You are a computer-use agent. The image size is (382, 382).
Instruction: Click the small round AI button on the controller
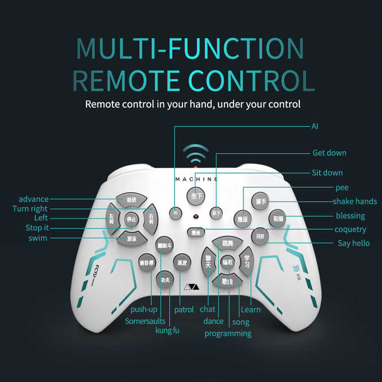(x=175, y=212)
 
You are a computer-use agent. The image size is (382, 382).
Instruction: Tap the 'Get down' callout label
(x=329, y=153)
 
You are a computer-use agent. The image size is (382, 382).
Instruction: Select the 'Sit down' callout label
(x=327, y=172)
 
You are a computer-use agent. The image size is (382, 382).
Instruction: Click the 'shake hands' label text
(x=354, y=201)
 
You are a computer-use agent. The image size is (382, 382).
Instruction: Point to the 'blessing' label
(x=350, y=215)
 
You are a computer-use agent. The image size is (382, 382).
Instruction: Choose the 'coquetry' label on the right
(x=350, y=229)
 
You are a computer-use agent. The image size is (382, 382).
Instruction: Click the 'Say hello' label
(x=354, y=243)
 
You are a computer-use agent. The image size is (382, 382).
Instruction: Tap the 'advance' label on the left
(x=33, y=199)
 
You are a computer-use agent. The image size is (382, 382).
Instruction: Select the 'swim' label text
(x=38, y=238)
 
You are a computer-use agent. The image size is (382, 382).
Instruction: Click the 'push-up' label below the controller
(x=144, y=309)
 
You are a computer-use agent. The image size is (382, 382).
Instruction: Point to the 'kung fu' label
(x=167, y=331)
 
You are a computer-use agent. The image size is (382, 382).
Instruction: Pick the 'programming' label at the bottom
(x=228, y=333)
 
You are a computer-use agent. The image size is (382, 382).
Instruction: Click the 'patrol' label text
(x=184, y=309)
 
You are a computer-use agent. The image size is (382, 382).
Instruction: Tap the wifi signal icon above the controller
(x=195, y=155)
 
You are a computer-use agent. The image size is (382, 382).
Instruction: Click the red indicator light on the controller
(x=196, y=217)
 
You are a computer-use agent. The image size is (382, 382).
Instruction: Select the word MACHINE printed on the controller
(x=196, y=179)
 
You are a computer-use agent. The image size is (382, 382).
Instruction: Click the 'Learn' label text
(x=250, y=309)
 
